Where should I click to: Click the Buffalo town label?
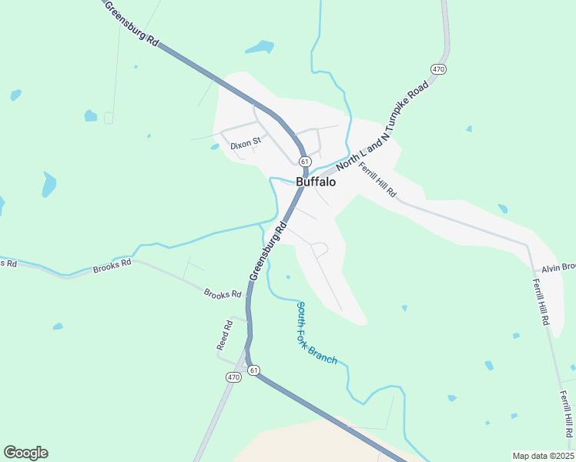tap(316, 182)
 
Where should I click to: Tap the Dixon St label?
tap(246, 142)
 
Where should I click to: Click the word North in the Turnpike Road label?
tap(347, 158)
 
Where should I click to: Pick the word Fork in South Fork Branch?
tap(306, 334)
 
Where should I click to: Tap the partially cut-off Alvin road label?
tap(558, 268)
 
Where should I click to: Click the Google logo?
tap(25, 453)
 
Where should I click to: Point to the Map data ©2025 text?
tap(543, 456)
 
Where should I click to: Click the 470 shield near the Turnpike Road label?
tap(438, 69)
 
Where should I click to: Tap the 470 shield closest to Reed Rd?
tap(234, 377)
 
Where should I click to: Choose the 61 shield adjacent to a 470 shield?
tap(254, 370)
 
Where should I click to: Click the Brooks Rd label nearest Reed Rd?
tap(223, 295)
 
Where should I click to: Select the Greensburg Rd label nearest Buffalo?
tap(268, 253)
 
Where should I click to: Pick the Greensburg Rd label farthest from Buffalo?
tap(131, 25)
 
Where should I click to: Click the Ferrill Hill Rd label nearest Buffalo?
tap(377, 180)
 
